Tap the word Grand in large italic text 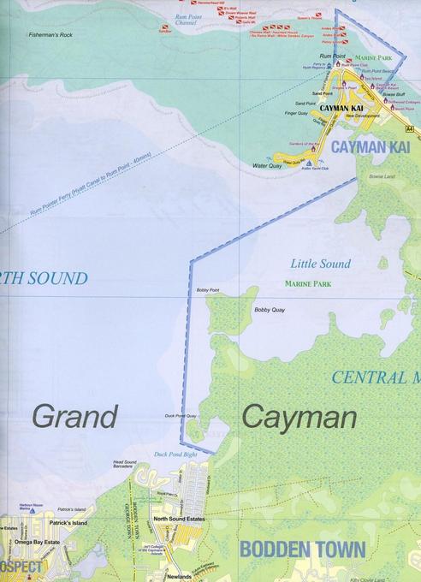(74, 418)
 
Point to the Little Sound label (316, 264)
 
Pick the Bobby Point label (208, 290)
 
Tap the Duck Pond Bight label (175, 454)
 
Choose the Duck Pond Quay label (181, 417)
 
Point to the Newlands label (180, 576)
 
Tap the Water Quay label (267, 165)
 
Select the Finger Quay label (296, 112)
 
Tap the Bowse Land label (381, 176)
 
